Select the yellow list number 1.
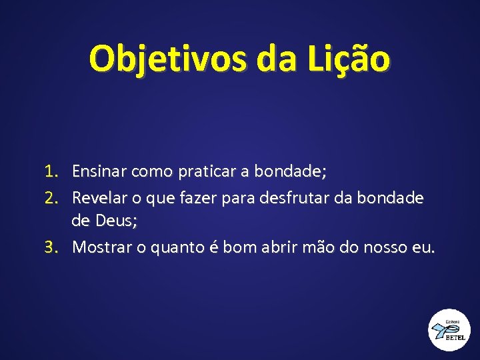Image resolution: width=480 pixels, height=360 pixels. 53,172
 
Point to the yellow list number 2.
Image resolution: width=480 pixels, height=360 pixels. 53,197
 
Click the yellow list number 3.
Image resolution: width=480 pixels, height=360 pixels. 53,247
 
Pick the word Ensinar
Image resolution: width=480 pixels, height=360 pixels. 99,172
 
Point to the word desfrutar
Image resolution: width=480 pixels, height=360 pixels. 315,197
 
